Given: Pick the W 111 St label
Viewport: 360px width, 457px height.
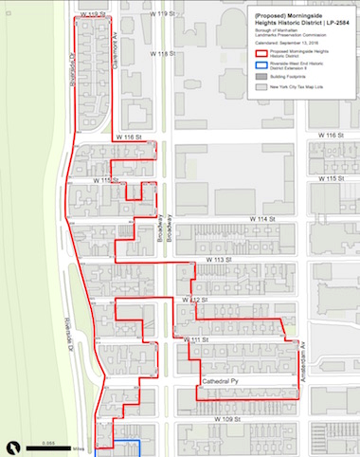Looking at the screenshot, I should click(x=196, y=340).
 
